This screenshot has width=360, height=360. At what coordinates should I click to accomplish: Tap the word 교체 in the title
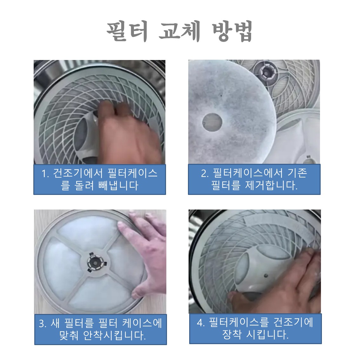[180, 31]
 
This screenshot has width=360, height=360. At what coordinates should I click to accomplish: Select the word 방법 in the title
[232, 31]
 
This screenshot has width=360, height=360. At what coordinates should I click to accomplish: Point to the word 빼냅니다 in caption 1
[118, 185]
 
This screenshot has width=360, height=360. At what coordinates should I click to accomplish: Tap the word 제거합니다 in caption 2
[271, 185]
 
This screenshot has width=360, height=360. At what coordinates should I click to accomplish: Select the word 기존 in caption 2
[297, 173]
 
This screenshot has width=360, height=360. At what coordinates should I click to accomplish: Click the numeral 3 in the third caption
[42, 324]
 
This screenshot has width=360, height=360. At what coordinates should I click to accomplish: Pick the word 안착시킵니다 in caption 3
[114, 336]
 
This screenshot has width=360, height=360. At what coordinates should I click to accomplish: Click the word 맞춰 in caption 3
[69, 336]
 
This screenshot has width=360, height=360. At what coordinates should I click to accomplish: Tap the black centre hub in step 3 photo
[95, 262]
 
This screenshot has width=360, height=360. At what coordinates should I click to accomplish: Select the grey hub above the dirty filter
[266, 72]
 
